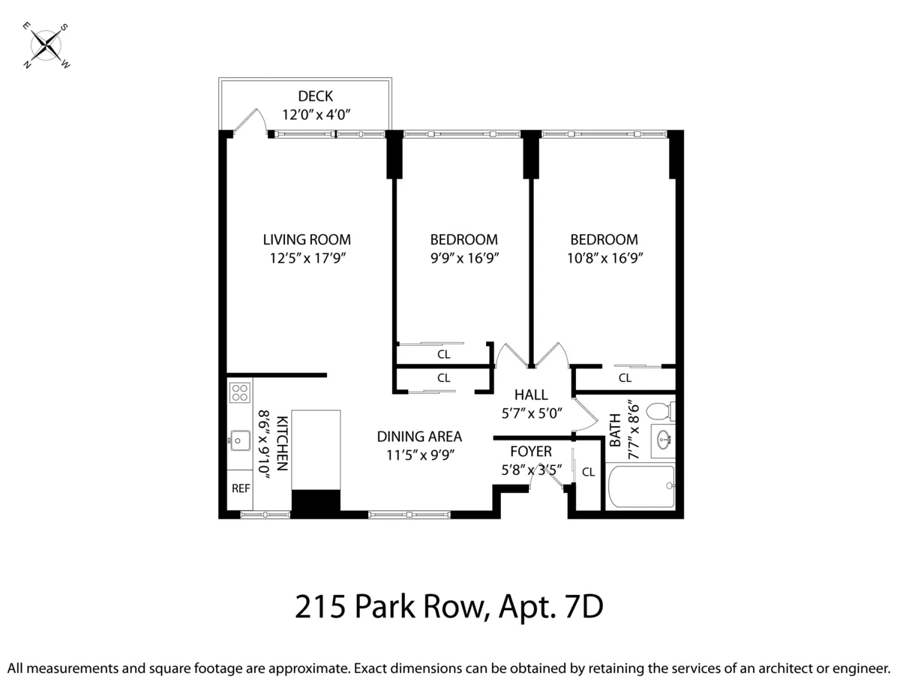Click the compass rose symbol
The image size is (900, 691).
point(46,46)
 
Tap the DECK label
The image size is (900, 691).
point(315,96)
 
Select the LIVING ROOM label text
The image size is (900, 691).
point(307,240)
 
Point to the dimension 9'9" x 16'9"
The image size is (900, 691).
point(463,258)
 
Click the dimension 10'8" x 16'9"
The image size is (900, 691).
point(604,258)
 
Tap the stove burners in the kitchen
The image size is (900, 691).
point(240,392)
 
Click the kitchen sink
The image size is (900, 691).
point(240,439)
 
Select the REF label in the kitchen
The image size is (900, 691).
point(240,488)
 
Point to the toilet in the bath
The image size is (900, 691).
point(659,411)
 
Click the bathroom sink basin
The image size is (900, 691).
point(663,440)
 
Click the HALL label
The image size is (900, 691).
point(530,395)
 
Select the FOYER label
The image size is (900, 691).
point(530,452)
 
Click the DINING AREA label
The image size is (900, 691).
point(419,437)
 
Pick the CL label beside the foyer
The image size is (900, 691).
point(588,472)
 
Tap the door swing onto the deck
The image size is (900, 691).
point(252,122)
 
